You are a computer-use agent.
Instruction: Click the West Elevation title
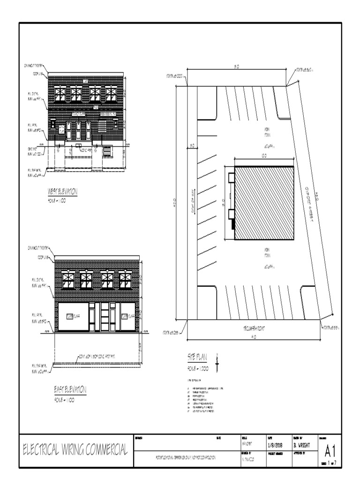pyautogui.click(x=62, y=191)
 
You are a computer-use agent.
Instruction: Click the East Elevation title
pyautogui.click(x=70, y=390)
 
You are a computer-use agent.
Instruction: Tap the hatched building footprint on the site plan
pyautogui.click(x=263, y=202)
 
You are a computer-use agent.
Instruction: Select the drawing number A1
pyautogui.click(x=330, y=450)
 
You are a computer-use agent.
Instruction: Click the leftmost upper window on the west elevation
pyautogui.click(x=60, y=94)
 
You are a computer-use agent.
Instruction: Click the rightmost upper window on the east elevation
pyautogui.click(x=125, y=280)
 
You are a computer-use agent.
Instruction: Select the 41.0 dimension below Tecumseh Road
pyautogui.click(x=254, y=337)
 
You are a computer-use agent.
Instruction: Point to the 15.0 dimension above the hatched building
pyautogui.click(x=264, y=155)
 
